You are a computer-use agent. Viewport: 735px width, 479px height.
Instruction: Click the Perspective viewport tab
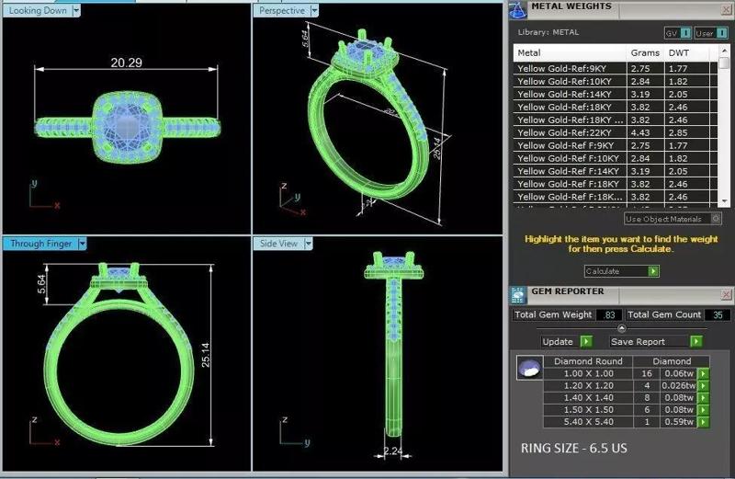(282, 10)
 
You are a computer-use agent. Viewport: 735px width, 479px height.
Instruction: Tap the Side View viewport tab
(279, 244)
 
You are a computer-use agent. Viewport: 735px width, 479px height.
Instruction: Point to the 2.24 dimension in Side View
(391, 451)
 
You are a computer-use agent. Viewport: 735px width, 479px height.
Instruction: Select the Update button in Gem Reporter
(558, 341)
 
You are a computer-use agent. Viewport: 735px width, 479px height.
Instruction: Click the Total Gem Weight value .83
(608, 315)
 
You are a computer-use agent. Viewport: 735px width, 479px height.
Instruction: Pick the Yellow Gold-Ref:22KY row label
(568, 133)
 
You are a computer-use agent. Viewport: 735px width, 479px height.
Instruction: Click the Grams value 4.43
(640, 133)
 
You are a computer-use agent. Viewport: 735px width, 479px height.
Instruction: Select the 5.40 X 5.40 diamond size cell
(583, 422)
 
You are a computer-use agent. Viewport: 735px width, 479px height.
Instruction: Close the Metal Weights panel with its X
(725, 8)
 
